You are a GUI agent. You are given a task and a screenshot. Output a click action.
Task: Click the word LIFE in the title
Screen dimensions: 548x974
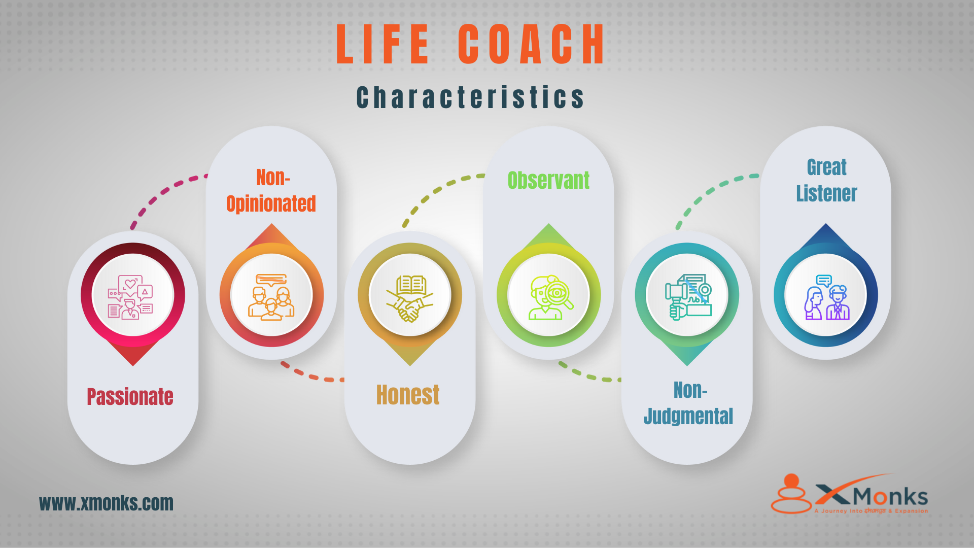383,44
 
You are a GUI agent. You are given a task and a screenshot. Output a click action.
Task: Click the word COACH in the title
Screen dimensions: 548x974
531,44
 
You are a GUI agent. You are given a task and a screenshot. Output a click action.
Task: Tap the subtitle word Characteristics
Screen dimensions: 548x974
470,97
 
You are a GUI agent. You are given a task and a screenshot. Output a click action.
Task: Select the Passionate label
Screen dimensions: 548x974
130,397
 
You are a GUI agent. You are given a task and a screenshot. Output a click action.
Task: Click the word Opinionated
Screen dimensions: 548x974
271,204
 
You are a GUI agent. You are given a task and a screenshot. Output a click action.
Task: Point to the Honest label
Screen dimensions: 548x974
408,395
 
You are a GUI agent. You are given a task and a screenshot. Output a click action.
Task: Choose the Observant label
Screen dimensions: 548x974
548,181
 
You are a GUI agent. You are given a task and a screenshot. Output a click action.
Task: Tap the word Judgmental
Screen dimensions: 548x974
688,417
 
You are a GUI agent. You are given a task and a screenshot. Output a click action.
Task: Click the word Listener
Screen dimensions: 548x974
826,194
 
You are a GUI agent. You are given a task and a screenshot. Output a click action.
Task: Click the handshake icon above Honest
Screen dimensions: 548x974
410,299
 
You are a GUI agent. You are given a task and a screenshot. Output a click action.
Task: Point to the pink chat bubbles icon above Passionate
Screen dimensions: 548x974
131,297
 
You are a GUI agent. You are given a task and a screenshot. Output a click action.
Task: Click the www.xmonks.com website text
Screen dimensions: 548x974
106,503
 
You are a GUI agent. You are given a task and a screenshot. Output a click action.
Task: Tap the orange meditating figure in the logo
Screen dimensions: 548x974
791,495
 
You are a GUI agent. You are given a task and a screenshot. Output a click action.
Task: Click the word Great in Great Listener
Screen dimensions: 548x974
826,167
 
